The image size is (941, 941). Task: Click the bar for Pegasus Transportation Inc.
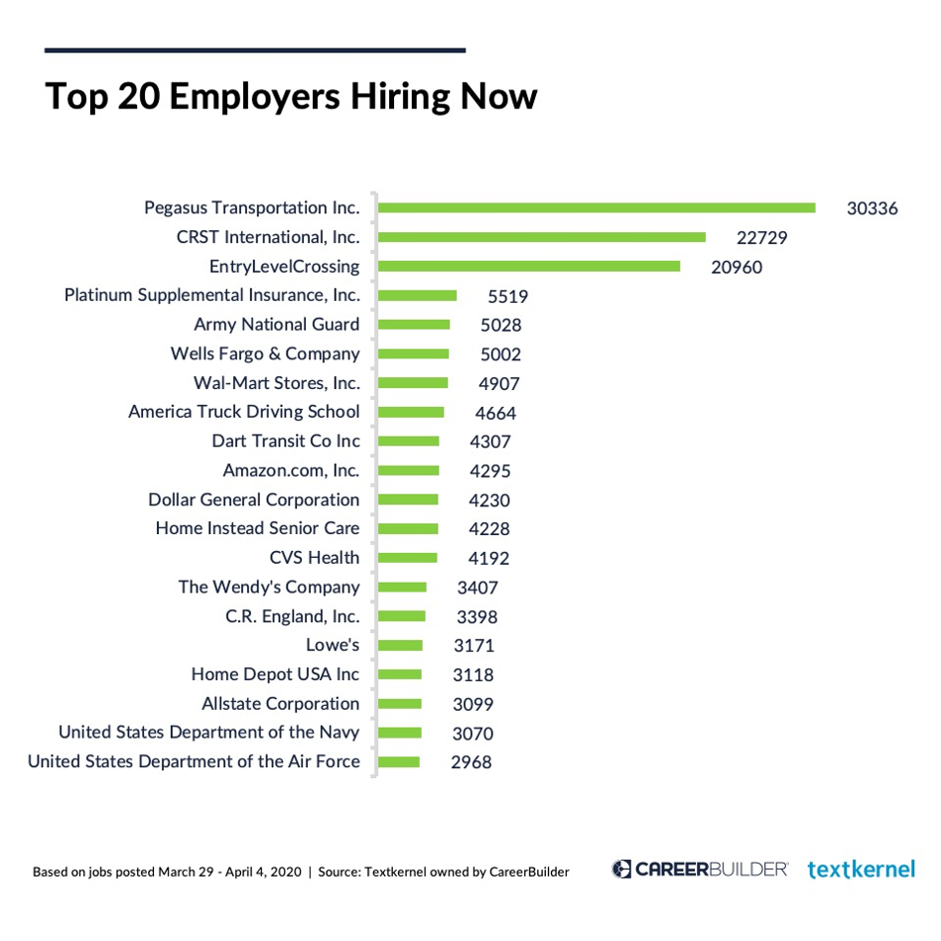(597, 207)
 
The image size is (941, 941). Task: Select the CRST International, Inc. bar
(542, 237)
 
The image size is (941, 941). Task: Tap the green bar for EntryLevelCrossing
(529, 266)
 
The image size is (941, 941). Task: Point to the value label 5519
(507, 296)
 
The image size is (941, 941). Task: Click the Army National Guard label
(277, 325)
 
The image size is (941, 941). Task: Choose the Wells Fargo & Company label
(265, 353)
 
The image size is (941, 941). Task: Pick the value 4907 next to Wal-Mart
(498, 383)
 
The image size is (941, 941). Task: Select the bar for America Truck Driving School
(412, 412)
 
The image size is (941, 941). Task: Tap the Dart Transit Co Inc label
(286, 441)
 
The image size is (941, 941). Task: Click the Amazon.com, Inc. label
(291, 470)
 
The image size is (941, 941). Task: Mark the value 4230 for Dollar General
(489, 500)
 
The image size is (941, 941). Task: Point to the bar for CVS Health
(408, 558)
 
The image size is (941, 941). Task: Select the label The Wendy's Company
(269, 587)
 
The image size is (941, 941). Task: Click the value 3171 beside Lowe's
(473, 646)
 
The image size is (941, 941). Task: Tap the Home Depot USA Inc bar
(401, 675)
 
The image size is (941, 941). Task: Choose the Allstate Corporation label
(281, 704)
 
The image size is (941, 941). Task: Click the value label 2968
(470, 762)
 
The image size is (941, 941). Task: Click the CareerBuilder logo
(700, 870)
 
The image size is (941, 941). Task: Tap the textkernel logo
(861, 870)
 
